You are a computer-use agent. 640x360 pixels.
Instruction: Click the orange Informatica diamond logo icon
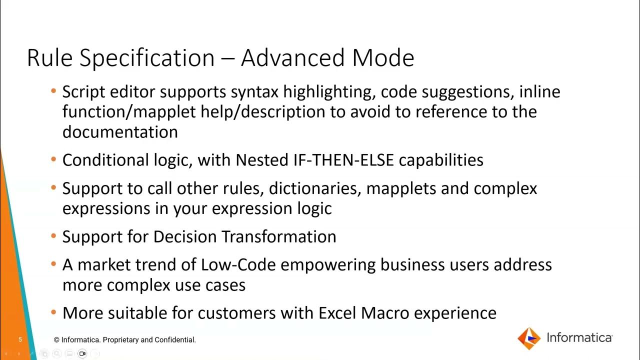(529, 338)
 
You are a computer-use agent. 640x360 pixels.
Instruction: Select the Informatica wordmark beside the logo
(579, 338)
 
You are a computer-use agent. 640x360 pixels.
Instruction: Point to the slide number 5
(20, 340)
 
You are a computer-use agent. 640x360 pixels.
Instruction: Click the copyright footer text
(125, 340)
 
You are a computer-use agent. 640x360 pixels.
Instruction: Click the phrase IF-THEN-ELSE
(344, 160)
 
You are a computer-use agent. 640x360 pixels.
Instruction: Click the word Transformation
(278, 236)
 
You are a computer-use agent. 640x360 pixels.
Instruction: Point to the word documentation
(120, 132)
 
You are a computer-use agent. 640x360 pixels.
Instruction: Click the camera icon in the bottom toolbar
(82, 354)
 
